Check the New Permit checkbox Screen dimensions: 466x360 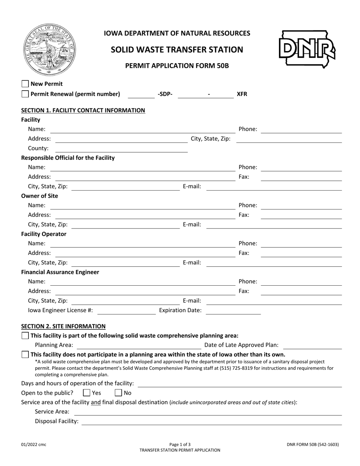point(25,84)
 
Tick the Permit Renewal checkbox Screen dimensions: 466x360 point(25,94)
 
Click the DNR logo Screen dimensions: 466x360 point(307,50)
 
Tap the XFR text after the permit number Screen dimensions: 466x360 point(242,94)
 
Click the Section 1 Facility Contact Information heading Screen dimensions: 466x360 point(83,110)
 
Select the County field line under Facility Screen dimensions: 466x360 point(121,149)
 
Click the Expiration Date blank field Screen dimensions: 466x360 point(233,311)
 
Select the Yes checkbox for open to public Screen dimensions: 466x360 point(86,393)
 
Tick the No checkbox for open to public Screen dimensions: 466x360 point(118,393)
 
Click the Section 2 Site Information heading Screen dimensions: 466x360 point(63,326)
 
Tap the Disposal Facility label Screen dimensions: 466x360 point(56,421)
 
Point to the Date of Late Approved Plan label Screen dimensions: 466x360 point(241,345)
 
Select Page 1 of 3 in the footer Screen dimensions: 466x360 point(180,445)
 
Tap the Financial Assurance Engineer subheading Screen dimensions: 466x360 point(60,272)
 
